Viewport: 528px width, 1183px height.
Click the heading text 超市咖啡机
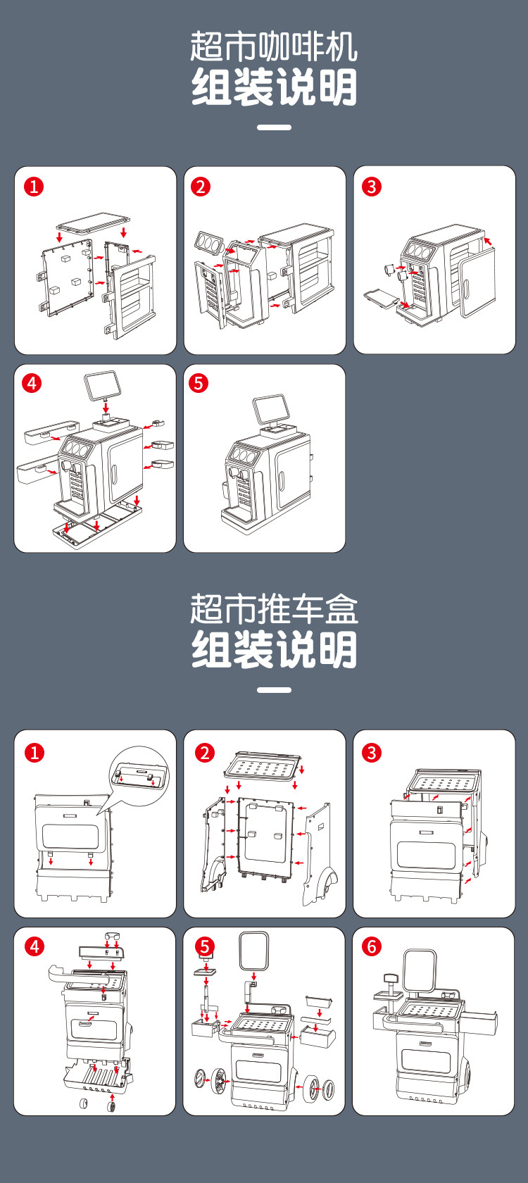point(273,47)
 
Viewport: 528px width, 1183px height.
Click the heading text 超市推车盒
point(273,609)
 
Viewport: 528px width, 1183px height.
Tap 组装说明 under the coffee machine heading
point(274,87)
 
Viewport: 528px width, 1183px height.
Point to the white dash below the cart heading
point(274,690)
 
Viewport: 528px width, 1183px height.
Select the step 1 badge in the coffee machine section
point(34,187)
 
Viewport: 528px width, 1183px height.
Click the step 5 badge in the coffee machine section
point(199,383)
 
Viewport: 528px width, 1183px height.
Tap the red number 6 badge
point(372,946)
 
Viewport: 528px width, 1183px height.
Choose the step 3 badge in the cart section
point(372,753)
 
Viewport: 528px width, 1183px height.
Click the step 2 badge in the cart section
point(204,753)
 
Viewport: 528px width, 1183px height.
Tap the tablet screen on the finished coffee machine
point(270,408)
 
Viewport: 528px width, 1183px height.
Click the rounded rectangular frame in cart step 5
point(254,951)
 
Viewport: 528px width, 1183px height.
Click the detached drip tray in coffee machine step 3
point(381,297)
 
